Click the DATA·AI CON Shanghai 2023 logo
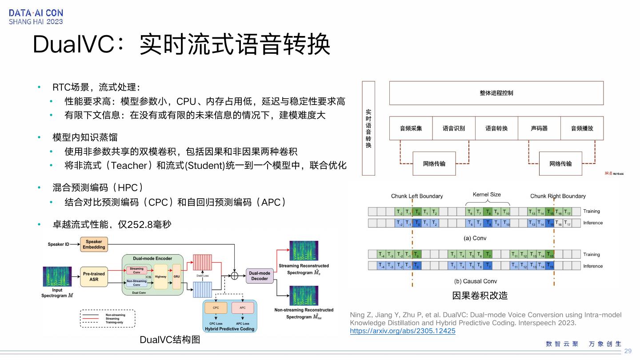coord(36,17)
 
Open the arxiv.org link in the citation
coord(403,331)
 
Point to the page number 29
coord(628,351)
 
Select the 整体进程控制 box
coord(496,93)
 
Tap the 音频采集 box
coord(411,128)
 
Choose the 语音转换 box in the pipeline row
coord(496,128)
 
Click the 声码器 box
coord(539,128)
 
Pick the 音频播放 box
coord(582,128)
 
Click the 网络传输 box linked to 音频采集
coord(434,164)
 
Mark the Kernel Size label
coord(486,194)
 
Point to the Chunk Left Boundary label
coord(417,196)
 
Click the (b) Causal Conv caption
coord(476,281)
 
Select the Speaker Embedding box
coord(94,244)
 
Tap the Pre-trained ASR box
coord(94,276)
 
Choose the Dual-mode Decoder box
coord(260,276)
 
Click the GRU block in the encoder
coord(176,276)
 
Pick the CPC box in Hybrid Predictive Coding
coord(216,308)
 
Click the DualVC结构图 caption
coord(170,340)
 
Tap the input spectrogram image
coord(57,276)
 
